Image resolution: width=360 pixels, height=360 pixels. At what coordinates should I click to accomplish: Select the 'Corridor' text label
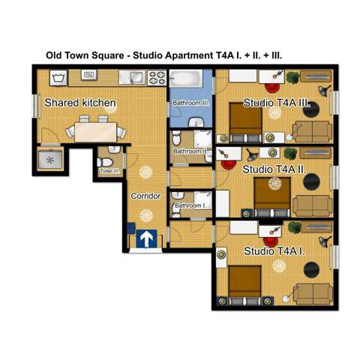pos(146,196)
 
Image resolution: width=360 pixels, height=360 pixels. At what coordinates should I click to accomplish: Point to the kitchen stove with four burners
pos(157,76)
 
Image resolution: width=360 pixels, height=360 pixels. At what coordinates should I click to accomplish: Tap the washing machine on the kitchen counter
pos(58,76)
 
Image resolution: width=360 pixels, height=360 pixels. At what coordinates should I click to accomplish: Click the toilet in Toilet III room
pos(106,161)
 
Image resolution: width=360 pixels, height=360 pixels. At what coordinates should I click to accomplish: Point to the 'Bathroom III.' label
pos(190,102)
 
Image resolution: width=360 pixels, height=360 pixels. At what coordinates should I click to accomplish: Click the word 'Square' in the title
pos(112,55)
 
